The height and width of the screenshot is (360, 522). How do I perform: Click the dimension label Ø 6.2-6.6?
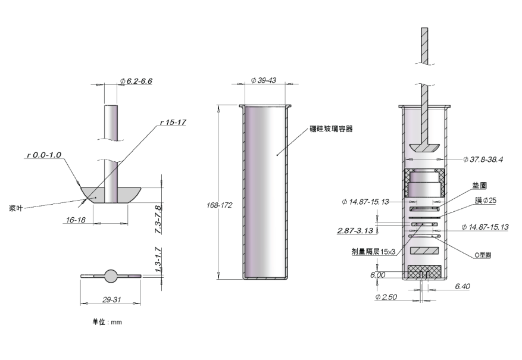[136, 81]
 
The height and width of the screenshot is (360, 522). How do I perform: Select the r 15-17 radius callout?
[173, 123]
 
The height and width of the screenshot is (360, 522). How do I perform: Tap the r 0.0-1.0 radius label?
[44, 155]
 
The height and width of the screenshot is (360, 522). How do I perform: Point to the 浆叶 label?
[15, 209]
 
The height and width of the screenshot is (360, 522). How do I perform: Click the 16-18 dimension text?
[76, 220]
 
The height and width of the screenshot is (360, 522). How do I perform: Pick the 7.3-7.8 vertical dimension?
[158, 220]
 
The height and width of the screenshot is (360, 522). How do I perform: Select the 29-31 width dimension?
[111, 300]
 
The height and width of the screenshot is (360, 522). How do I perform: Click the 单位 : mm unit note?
[107, 322]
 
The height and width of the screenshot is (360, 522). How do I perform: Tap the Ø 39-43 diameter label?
[263, 80]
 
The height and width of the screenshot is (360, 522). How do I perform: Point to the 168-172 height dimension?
[219, 205]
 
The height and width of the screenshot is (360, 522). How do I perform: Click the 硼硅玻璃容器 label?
[331, 129]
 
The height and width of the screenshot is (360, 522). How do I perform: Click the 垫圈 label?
[479, 185]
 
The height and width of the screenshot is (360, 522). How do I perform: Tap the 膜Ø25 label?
[485, 201]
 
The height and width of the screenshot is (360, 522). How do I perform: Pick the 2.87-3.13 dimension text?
[355, 230]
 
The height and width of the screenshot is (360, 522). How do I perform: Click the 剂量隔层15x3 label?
[374, 252]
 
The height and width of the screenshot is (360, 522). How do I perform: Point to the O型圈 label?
[483, 255]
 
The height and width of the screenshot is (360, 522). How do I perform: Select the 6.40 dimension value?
[462, 286]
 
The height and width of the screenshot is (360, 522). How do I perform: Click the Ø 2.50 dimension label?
[386, 297]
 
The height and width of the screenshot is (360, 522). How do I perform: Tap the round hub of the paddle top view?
[111, 276]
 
